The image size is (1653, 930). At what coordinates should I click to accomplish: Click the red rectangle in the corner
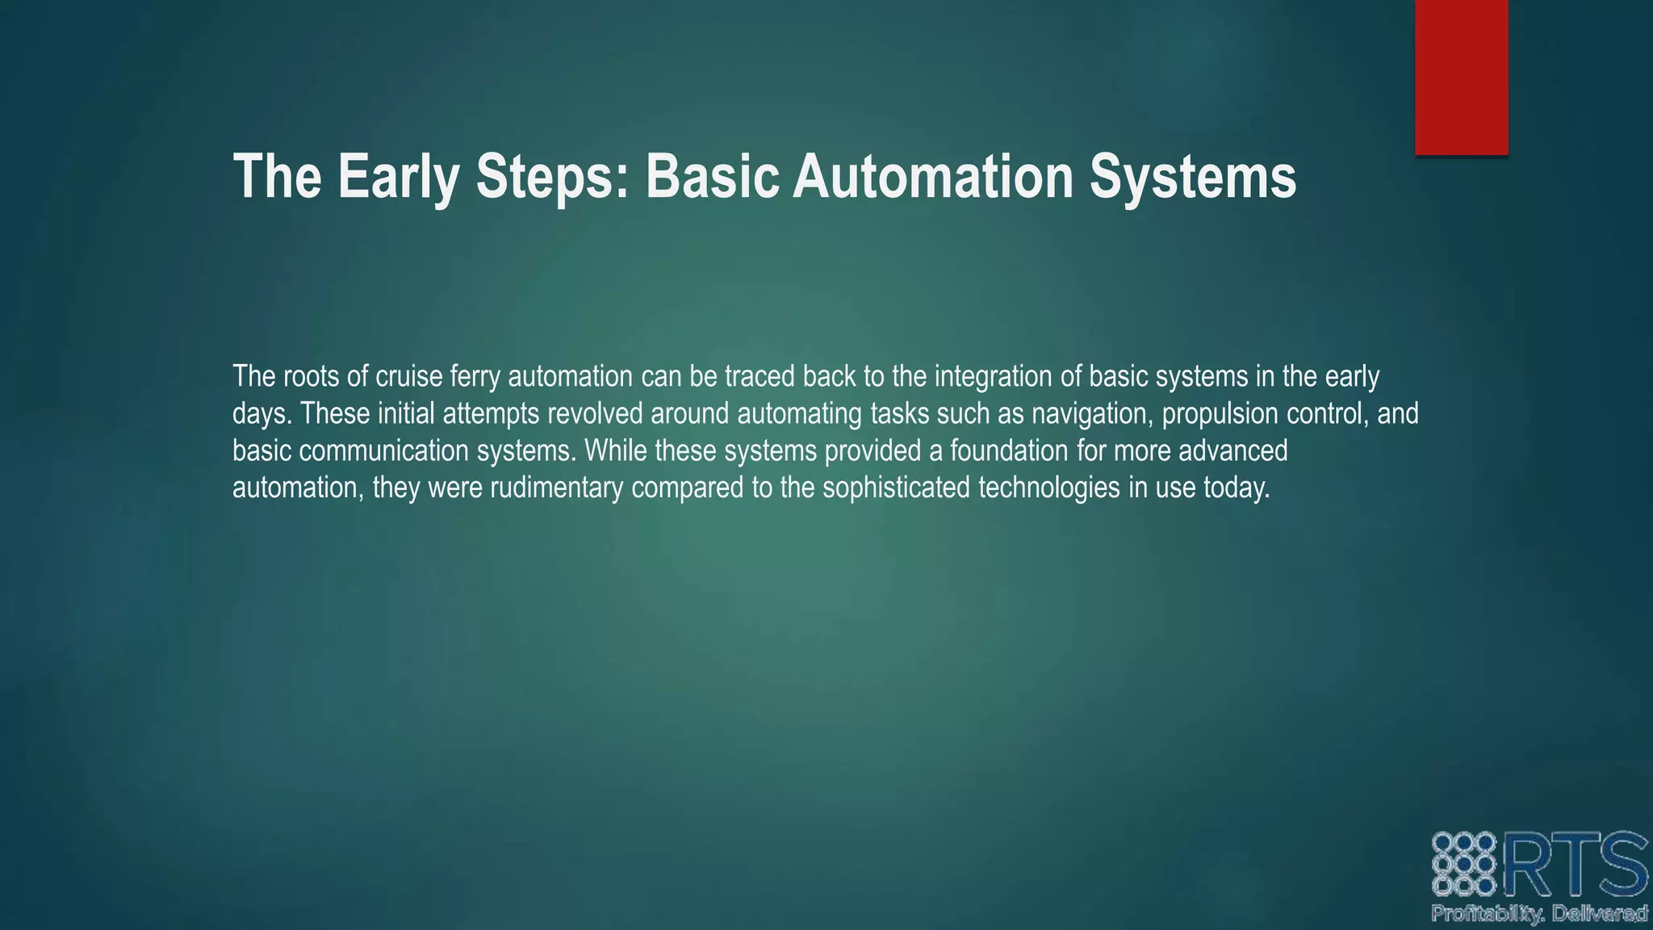click(1461, 77)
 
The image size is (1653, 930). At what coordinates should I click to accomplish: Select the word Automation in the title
click(933, 176)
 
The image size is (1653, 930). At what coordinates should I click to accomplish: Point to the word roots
click(311, 376)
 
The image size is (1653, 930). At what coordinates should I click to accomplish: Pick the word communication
click(383, 450)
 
